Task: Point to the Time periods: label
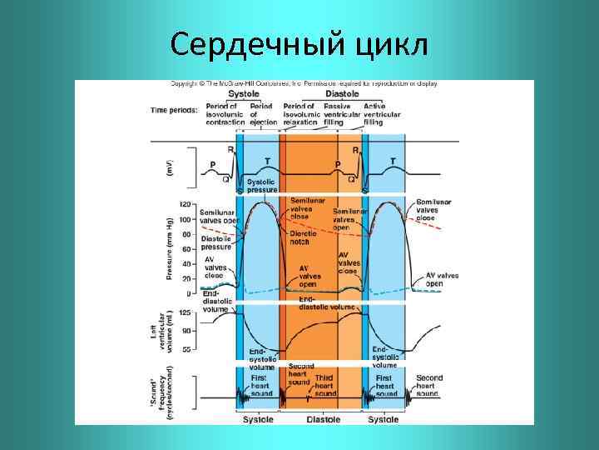point(173,109)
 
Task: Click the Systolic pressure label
point(261,186)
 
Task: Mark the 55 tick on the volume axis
point(188,349)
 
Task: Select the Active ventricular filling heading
point(379,115)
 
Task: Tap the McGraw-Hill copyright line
point(304,84)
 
